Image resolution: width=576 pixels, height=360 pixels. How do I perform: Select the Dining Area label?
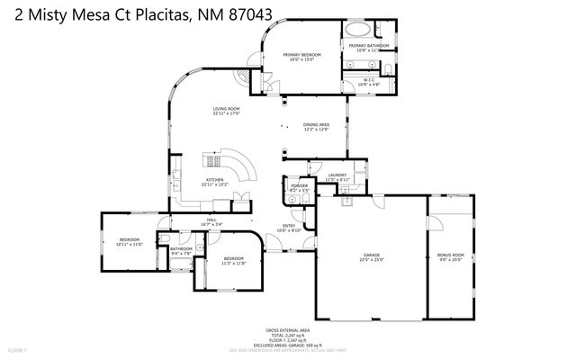(x=315, y=124)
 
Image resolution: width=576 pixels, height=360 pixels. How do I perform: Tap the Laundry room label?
(x=337, y=176)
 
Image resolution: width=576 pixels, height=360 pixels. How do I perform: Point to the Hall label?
(x=212, y=221)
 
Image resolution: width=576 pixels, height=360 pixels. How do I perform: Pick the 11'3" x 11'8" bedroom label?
(x=234, y=261)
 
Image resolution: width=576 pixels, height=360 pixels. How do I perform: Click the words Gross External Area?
(x=287, y=330)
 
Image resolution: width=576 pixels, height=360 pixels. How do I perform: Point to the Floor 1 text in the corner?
(x=18, y=348)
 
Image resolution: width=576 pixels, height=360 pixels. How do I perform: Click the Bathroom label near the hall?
(x=182, y=250)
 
